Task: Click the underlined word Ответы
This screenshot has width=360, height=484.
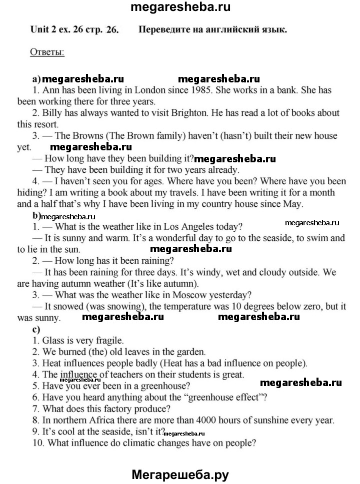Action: point(47,52)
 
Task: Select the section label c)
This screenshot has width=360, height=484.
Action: point(35,329)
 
